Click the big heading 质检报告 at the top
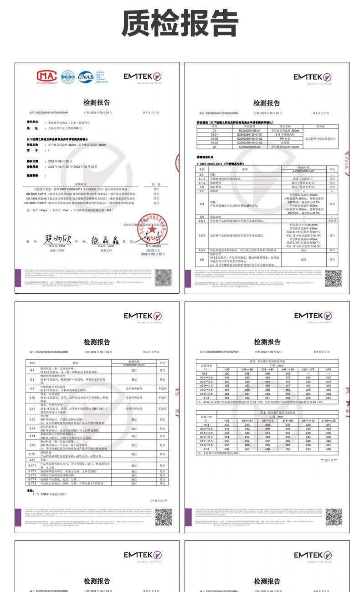[x=180, y=24]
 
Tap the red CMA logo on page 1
[x=47, y=76]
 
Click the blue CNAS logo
[x=85, y=76]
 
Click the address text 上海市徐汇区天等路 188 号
[x=71, y=129]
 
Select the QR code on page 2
[x=333, y=278]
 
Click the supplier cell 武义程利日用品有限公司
[x=320, y=138]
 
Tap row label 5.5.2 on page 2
[x=201, y=235]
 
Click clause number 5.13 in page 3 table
[x=32, y=429]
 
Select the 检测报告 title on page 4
[x=267, y=342]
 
